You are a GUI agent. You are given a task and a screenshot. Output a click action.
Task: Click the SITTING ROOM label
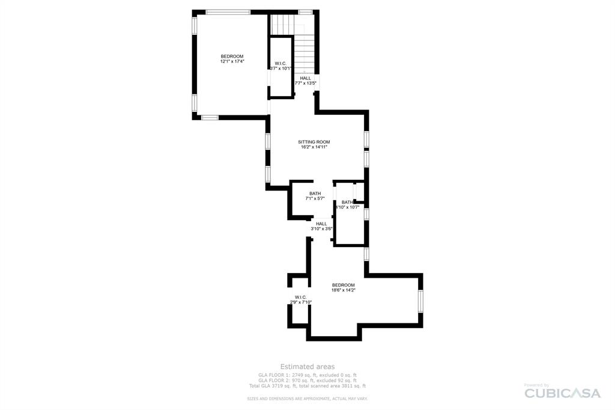tap(314, 142)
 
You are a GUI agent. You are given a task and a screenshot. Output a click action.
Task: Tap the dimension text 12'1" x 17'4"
tap(232, 61)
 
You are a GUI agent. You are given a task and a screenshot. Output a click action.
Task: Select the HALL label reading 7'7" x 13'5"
tap(306, 78)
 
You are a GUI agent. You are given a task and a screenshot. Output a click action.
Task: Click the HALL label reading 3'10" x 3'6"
tap(321, 224)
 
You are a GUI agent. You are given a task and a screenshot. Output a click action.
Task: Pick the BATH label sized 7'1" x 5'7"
tap(315, 194)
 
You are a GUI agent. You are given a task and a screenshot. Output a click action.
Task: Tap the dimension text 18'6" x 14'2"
tap(344, 290)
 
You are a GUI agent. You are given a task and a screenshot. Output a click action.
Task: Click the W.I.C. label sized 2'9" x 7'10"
tap(301, 297)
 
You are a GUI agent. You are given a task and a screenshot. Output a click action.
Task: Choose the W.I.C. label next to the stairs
tap(280, 64)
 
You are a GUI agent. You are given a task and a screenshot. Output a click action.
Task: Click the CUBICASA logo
tap(562, 393)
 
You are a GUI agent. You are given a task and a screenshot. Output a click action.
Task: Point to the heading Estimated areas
tap(307, 366)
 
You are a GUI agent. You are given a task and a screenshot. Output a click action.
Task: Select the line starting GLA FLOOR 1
tap(307, 375)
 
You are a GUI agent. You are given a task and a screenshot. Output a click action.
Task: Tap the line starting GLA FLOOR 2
tap(307, 381)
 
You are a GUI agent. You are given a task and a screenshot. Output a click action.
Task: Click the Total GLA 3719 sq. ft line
tap(307, 386)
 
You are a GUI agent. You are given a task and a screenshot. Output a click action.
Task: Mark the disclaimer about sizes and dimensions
tap(307, 399)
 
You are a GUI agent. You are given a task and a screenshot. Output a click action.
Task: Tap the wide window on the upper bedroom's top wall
tap(228, 12)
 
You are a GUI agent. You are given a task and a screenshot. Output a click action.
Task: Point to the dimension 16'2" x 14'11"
tap(314, 147)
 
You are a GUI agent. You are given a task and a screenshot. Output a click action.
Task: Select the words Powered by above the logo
tap(536, 385)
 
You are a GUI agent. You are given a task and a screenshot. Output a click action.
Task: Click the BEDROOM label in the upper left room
tap(232, 56)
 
